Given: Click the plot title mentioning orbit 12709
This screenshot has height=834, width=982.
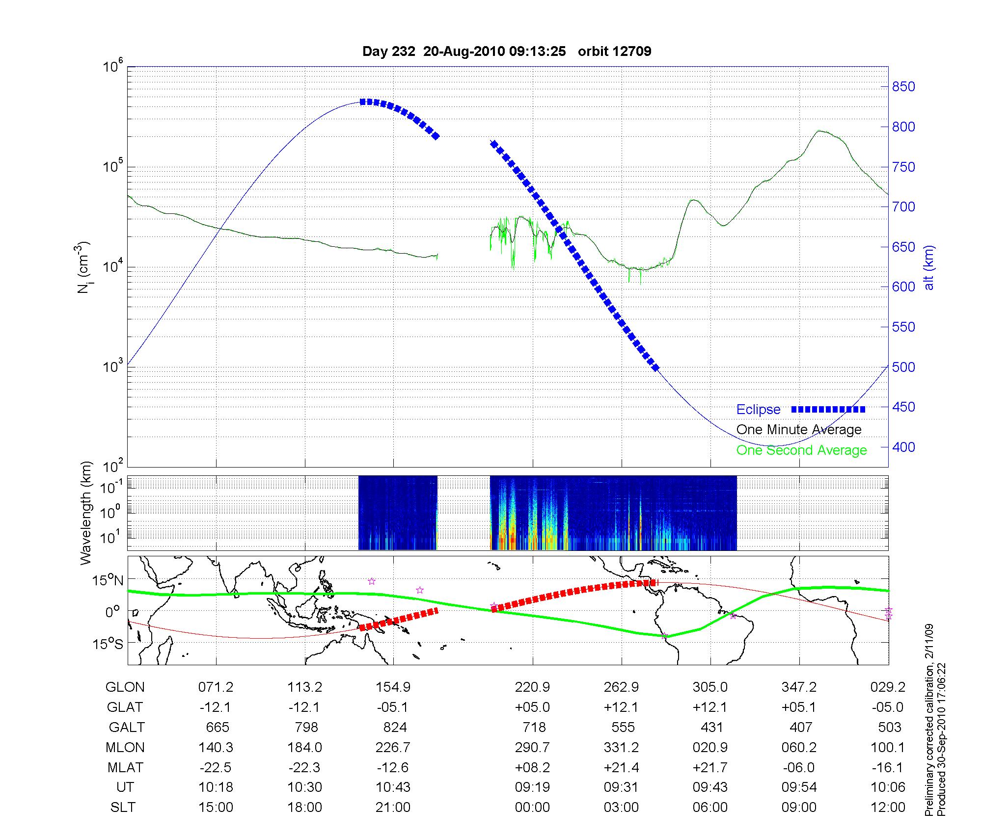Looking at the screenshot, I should click(506, 52).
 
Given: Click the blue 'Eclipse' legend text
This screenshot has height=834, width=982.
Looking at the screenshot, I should click(758, 410).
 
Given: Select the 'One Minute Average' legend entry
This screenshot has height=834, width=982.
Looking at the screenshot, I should click(799, 430).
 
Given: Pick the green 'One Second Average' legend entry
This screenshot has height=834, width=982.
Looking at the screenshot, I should click(801, 450).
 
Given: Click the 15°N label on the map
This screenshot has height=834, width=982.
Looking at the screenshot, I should click(108, 580).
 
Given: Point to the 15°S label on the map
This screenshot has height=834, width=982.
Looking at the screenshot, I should click(108, 643).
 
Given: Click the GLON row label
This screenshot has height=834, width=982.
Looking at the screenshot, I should click(125, 687).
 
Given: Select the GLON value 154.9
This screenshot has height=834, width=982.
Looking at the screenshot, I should click(393, 687).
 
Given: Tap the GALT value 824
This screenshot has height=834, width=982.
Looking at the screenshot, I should click(394, 727).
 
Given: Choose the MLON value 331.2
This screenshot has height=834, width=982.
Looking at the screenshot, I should click(621, 747).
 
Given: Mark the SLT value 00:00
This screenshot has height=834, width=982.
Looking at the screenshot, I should click(532, 808).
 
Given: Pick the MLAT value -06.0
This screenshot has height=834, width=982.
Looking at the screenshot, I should click(799, 767).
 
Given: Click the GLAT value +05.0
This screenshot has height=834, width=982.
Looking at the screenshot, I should click(532, 707).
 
